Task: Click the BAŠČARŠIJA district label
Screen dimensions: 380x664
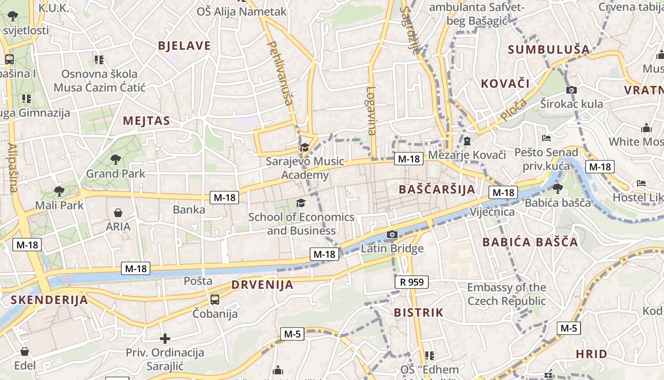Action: pyautogui.click(x=437, y=189)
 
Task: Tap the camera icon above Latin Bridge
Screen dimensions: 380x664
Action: pyautogui.click(x=392, y=234)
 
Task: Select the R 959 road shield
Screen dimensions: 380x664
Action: pyautogui.click(x=411, y=282)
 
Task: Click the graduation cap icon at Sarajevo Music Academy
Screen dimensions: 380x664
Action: pyautogui.click(x=304, y=148)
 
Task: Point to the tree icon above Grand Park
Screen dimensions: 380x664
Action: pyautogui.click(x=115, y=160)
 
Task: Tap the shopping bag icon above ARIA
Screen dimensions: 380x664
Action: pyautogui.click(x=118, y=213)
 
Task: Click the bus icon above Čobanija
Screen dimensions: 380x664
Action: pyautogui.click(x=215, y=299)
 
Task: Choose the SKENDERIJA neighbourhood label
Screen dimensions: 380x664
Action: pyautogui.click(x=49, y=300)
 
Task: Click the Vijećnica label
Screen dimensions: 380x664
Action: pyautogui.click(x=492, y=212)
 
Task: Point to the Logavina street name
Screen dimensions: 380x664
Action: pyautogui.click(x=371, y=110)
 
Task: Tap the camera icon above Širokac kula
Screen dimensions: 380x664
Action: pyautogui.click(x=572, y=90)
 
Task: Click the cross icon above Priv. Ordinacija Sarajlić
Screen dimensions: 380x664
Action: pyautogui.click(x=165, y=339)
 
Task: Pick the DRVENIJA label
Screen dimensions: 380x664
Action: pyautogui.click(x=262, y=285)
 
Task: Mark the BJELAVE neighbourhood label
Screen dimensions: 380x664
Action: pyautogui.click(x=184, y=46)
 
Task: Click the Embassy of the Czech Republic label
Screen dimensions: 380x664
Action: pyautogui.click(x=507, y=294)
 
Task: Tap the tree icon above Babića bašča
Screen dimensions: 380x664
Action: pyautogui.click(x=557, y=188)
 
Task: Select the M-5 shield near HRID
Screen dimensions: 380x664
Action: pyautogui.click(x=568, y=328)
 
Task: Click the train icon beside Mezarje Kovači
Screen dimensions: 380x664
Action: pyautogui.click(x=467, y=141)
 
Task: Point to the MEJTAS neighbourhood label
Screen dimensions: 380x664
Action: pyautogui.click(x=146, y=121)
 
